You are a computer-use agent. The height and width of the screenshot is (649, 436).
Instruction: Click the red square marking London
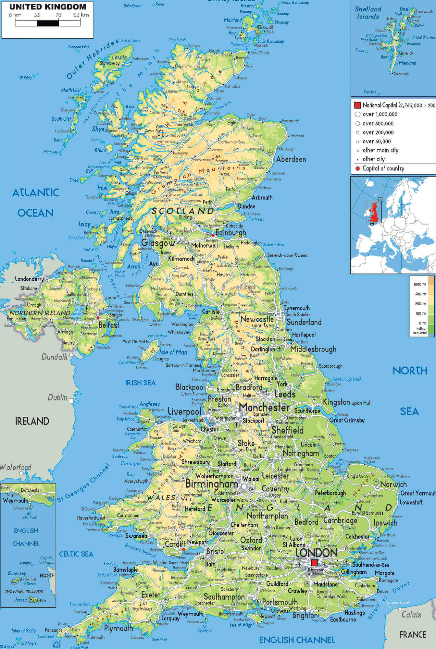click(x=314, y=562)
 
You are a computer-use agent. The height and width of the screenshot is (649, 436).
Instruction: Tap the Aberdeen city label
click(x=291, y=159)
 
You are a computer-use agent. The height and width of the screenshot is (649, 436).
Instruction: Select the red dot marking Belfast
click(x=98, y=318)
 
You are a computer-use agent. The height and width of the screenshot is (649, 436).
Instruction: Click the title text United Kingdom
click(x=48, y=6)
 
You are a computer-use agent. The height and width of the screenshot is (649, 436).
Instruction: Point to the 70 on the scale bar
click(x=58, y=15)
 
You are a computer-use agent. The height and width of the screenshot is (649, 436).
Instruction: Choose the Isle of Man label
click(x=173, y=352)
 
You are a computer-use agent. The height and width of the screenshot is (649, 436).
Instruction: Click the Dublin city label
click(x=58, y=398)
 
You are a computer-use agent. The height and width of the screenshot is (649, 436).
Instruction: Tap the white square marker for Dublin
click(x=71, y=401)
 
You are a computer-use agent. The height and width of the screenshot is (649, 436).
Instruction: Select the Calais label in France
click(x=411, y=615)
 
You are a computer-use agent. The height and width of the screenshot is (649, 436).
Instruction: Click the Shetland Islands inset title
click(x=367, y=13)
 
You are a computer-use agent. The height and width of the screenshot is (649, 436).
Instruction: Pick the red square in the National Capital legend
click(x=357, y=105)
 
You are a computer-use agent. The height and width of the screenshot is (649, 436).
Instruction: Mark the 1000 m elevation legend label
click(x=419, y=284)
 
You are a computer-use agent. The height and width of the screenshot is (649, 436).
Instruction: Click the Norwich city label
click(x=393, y=484)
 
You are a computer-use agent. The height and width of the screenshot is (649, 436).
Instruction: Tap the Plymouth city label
click(x=118, y=628)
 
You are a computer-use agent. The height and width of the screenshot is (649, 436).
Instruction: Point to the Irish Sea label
click(x=140, y=383)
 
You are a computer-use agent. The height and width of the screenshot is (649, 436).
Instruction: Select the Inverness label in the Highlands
click(x=183, y=125)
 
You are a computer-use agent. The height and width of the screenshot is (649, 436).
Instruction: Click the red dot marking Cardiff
click(x=184, y=550)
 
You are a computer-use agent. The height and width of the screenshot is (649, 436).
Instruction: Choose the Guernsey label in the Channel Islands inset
click(x=17, y=573)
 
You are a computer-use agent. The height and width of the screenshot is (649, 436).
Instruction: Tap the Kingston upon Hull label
click(x=347, y=402)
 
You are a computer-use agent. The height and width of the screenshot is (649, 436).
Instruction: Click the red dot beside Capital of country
click(x=357, y=168)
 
